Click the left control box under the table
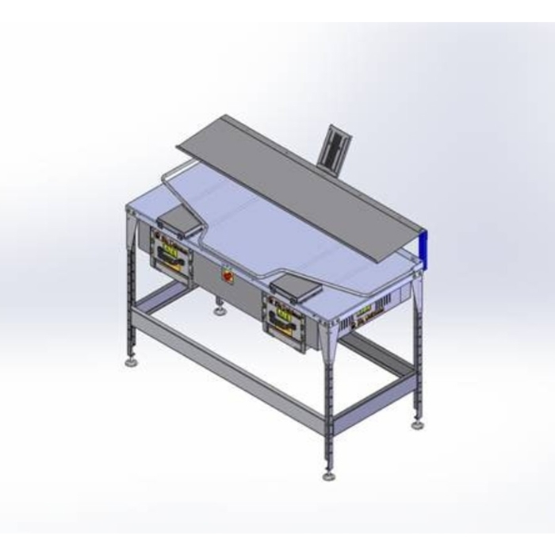point(173,254)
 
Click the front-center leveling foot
point(327,478)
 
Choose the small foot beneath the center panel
point(218,310)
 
